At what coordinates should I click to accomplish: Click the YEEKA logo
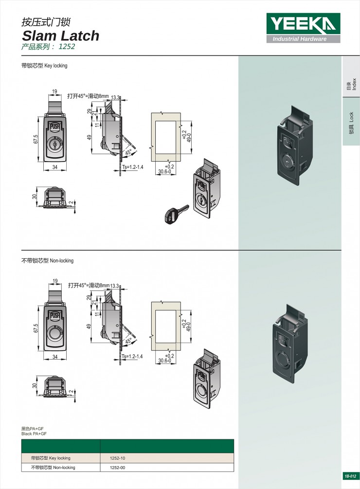click(303, 24)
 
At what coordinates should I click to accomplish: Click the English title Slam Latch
click(60, 36)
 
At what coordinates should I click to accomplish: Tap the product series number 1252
click(67, 47)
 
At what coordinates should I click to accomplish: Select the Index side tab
click(351, 84)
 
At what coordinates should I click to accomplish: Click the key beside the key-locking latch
click(176, 213)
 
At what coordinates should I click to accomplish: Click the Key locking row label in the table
click(51, 458)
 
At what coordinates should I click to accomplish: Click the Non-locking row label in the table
click(53, 468)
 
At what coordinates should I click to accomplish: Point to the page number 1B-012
click(350, 476)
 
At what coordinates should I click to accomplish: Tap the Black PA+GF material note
click(34, 434)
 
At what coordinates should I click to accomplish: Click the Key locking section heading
click(44, 66)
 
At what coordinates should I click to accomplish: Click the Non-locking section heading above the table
click(47, 261)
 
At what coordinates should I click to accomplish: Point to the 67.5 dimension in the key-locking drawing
click(36, 139)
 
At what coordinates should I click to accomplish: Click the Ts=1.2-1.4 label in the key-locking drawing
click(132, 167)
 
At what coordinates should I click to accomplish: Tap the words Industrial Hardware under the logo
click(299, 39)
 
